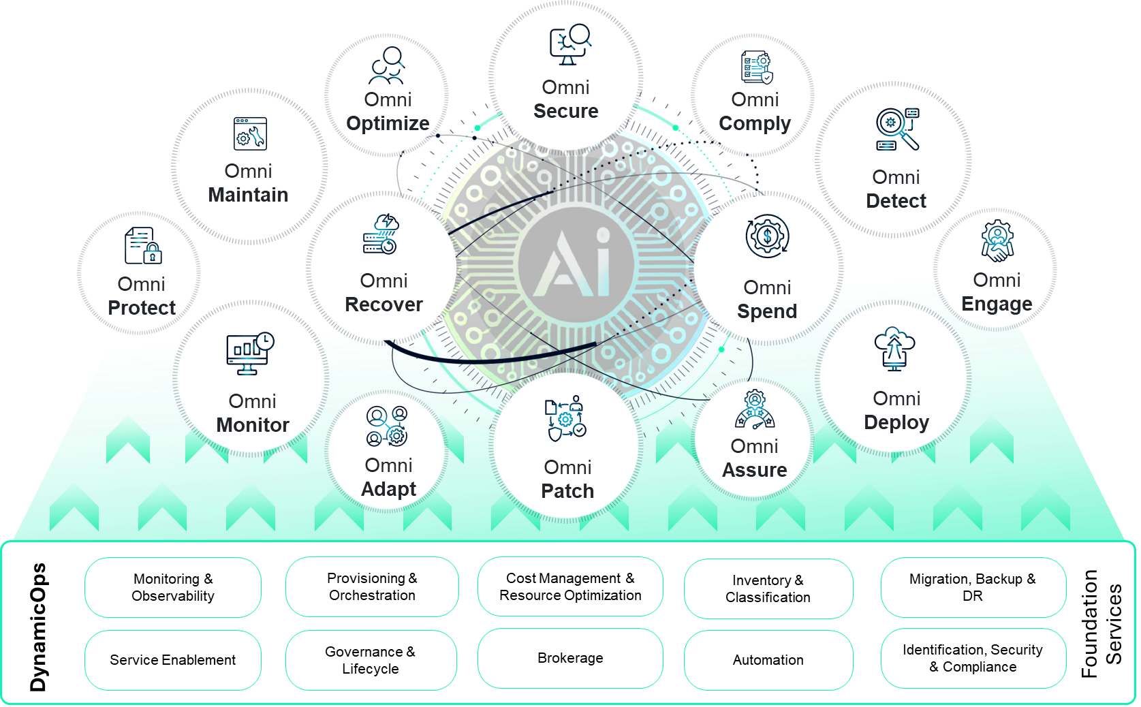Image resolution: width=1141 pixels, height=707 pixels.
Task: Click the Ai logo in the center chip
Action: tap(576, 265)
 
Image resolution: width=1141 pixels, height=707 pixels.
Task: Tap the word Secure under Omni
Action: tap(565, 111)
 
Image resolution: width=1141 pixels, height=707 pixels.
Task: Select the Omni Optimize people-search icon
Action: tap(387, 66)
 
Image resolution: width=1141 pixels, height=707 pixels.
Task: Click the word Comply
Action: tap(755, 123)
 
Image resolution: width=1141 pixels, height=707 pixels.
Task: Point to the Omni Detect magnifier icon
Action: tap(897, 129)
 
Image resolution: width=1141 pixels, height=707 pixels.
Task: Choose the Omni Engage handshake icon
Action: tap(997, 241)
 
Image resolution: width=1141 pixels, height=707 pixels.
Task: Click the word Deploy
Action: tap(896, 422)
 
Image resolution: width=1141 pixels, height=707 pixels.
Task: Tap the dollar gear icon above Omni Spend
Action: tap(767, 236)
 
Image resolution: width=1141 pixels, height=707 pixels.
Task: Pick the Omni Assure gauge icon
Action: tap(755, 410)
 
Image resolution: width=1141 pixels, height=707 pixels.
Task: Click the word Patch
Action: tap(567, 491)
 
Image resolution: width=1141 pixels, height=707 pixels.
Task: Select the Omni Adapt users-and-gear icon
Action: tap(387, 426)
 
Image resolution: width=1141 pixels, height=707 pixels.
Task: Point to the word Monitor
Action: tap(253, 425)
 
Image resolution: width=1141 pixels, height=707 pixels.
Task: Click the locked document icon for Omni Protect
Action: tap(143, 246)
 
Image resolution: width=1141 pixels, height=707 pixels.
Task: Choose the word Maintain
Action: tap(248, 195)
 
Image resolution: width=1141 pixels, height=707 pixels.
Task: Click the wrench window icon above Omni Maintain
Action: tap(250, 133)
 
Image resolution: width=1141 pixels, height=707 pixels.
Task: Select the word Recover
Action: tap(384, 304)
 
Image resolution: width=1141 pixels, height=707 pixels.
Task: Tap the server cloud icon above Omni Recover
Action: tap(381, 234)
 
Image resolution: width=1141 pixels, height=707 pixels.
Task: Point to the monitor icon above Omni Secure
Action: tap(569, 45)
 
